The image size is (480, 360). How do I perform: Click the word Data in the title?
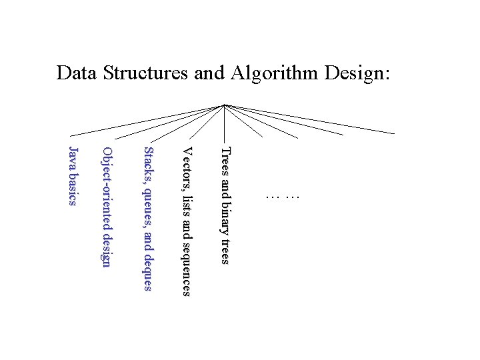click(x=77, y=73)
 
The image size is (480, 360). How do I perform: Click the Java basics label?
click(x=74, y=175)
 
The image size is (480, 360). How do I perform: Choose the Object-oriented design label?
click(x=109, y=207)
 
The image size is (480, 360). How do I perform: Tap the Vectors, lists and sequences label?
click(x=187, y=221)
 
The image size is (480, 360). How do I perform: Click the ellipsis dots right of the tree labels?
click(x=283, y=197)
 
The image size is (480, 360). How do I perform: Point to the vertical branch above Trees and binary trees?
click(x=224, y=123)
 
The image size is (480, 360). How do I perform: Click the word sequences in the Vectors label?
click(x=187, y=271)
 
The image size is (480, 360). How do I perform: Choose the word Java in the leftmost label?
click(x=74, y=155)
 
